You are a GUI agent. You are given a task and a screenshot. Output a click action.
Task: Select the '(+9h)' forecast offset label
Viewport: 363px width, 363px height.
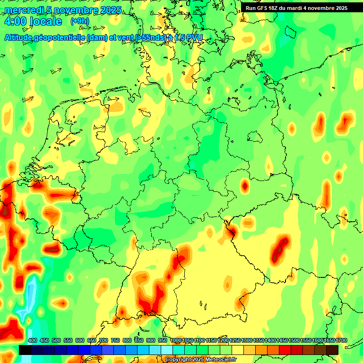pos(79,21)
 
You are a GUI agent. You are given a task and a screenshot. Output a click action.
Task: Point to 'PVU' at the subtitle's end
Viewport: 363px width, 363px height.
pos(194,37)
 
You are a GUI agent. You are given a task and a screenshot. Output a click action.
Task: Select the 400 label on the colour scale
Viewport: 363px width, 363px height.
pos(33,341)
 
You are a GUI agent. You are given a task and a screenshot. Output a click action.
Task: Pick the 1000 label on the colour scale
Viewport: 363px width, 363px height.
pos(176,341)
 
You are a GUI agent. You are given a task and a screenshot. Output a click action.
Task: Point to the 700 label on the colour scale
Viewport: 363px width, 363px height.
pos(104,341)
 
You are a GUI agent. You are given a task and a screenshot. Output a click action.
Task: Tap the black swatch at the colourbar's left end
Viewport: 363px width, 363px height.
pos(25,350)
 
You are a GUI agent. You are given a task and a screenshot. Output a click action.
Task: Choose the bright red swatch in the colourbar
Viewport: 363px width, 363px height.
pos(285,350)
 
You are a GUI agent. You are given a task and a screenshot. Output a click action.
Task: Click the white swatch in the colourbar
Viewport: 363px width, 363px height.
pos(167,350)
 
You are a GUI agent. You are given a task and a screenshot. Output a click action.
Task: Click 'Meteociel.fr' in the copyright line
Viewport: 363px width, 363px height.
pos(220,360)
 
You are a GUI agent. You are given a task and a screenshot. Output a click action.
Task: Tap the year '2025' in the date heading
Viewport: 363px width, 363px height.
pos(110,10)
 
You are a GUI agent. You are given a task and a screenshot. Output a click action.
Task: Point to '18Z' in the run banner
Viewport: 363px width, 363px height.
pos(277,8)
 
